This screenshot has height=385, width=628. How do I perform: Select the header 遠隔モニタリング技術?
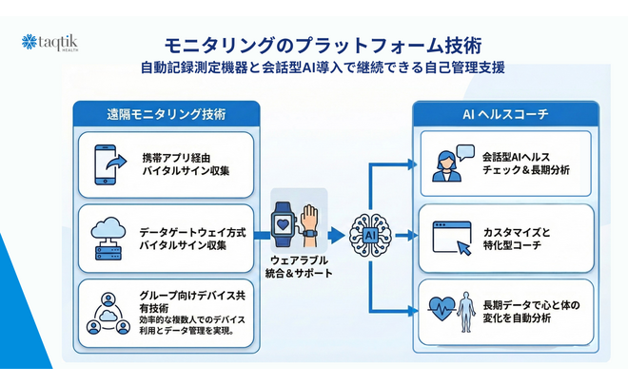click(x=167, y=113)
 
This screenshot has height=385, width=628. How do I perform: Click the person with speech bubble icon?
click(x=449, y=163)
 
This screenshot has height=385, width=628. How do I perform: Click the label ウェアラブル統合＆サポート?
click(x=299, y=266)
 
